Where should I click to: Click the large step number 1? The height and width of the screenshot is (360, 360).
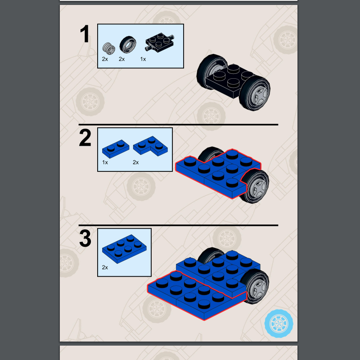point(85,34)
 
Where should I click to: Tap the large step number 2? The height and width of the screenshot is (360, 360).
point(85,138)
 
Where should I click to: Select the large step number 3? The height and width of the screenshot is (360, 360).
point(85,238)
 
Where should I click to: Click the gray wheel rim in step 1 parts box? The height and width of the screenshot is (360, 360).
point(108,49)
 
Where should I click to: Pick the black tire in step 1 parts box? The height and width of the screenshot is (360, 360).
point(128,44)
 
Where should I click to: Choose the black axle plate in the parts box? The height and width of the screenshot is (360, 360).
point(160,41)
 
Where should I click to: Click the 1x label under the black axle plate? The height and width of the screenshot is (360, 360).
point(143,59)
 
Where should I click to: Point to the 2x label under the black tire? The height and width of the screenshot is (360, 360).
point(121,59)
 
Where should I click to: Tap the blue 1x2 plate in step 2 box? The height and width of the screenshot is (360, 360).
point(116,149)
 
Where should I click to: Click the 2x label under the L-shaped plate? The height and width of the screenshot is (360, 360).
point(136,162)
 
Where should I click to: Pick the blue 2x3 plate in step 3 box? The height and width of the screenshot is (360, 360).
point(124,249)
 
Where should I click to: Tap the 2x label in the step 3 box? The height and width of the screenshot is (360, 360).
point(105,267)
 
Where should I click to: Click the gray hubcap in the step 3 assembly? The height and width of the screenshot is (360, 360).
point(259,287)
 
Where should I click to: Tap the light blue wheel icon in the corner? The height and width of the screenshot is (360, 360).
point(279,323)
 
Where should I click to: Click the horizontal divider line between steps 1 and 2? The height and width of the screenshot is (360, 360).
point(178,125)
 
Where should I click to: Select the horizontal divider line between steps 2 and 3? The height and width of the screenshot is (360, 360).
point(178,225)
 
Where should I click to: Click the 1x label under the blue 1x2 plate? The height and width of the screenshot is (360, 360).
point(105,162)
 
